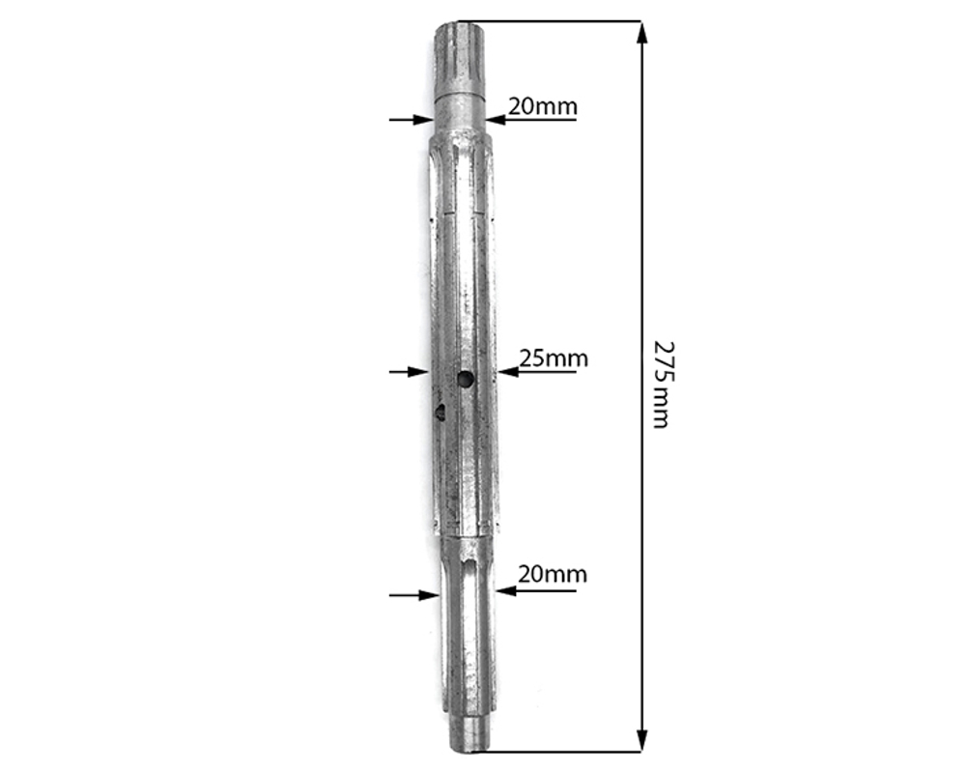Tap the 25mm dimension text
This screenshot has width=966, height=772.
[554, 357]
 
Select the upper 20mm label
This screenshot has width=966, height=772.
[543, 106]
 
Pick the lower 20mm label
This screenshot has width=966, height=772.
[553, 574]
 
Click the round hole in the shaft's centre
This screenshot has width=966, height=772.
[466, 380]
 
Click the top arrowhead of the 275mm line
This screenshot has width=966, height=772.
[642, 33]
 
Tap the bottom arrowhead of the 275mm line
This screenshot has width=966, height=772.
[642, 740]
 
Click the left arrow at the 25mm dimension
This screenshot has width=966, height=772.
[409, 372]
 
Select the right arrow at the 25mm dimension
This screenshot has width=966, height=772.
[536, 372]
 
